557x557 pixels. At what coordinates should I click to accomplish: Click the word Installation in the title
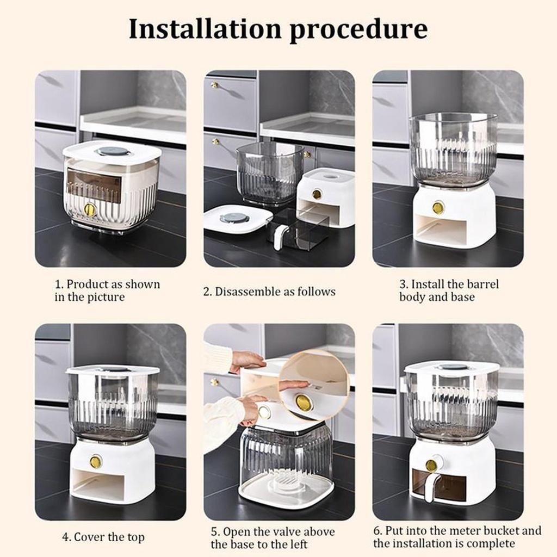(205, 29)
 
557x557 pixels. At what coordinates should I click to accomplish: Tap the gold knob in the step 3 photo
(438, 207)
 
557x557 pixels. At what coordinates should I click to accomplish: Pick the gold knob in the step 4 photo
(95, 461)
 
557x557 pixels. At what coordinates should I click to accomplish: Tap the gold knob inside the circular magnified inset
(302, 402)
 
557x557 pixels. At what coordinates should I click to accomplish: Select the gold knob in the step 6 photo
(431, 465)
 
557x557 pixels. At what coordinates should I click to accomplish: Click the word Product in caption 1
(86, 284)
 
